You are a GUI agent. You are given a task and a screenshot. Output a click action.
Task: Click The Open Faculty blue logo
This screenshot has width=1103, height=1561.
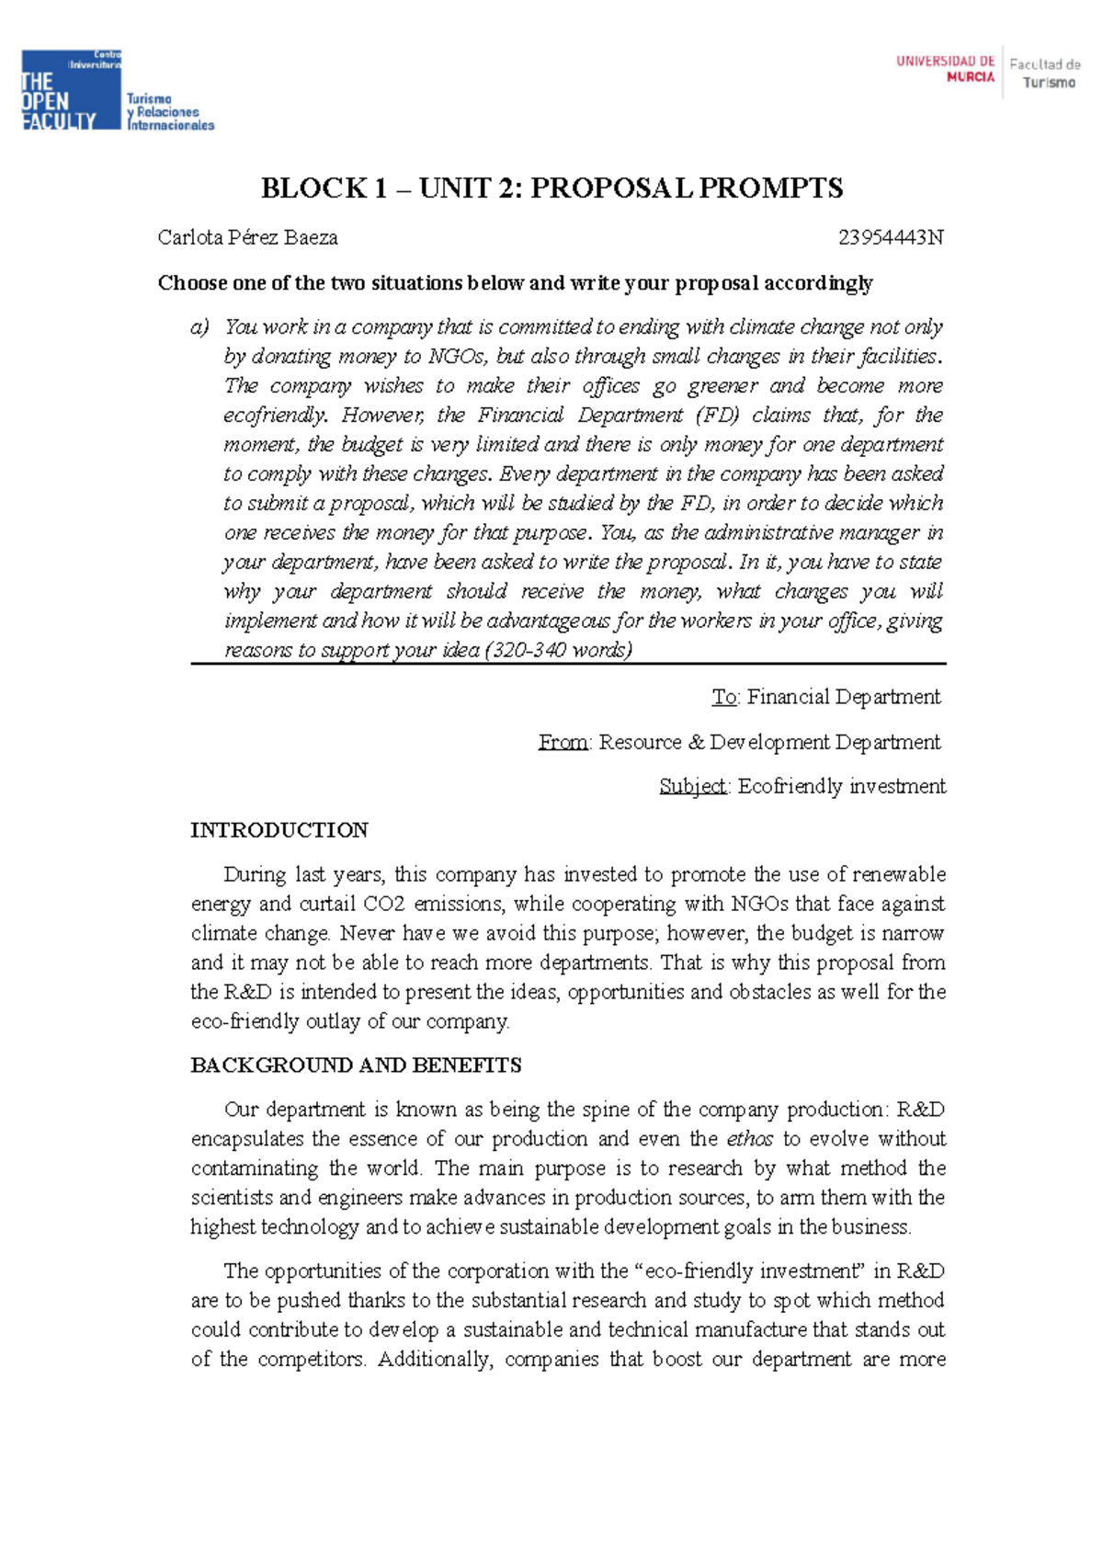(71, 91)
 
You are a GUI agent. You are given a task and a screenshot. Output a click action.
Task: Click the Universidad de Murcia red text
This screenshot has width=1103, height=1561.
(945, 69)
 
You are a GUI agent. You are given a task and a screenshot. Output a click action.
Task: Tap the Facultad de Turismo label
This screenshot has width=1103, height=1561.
(1046, 74)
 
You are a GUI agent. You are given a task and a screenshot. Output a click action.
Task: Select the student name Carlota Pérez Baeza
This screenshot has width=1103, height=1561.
(248, 238)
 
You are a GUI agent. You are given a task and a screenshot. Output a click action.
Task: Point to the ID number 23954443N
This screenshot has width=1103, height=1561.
(891, 238)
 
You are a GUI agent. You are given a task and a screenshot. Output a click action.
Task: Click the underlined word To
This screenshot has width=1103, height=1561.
(724, 697)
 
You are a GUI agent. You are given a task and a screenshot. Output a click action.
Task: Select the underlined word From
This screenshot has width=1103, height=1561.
(563, 742)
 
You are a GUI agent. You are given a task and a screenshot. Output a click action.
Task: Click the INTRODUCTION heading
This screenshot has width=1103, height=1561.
(279, 830)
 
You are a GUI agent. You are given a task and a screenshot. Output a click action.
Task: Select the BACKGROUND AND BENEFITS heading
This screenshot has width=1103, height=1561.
(356, 1065)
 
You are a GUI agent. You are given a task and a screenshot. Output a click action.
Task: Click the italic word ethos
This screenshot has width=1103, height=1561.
(750, 1139)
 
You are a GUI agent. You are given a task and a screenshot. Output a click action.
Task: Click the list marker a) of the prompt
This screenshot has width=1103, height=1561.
(200, 327)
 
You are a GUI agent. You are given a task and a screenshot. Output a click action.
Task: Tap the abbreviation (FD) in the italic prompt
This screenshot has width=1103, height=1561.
(717, 415)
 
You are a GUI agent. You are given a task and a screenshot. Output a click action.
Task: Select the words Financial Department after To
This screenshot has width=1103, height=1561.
(844, 697)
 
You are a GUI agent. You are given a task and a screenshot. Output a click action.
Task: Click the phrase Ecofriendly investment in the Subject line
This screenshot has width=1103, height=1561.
(841, 786)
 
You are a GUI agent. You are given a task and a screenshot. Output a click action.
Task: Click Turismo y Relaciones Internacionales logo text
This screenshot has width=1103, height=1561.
(170, 112)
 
